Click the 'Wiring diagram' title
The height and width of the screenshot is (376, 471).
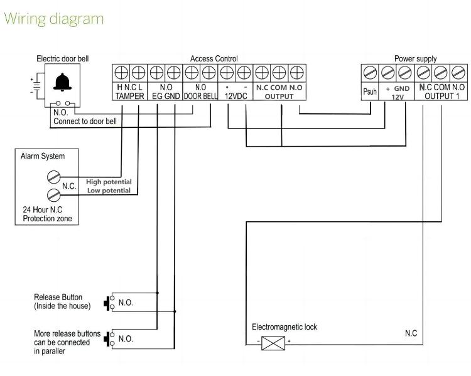tap(53, 19)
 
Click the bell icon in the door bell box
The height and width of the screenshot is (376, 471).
tap(62, 82)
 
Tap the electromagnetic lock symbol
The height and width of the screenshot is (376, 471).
tap(273, 342)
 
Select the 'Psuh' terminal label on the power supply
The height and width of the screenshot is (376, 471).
tap(370, 92)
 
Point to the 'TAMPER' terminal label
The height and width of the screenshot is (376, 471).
tap(130, 97)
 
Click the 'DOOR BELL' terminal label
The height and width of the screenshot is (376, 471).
tap(200, 97)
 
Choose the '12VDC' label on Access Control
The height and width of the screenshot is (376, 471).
tap(237, 97)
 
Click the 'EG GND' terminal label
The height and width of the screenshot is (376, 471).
tap(166, 97)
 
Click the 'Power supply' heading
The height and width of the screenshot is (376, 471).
tap(415, 58)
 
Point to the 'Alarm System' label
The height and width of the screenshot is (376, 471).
tap(43, 156)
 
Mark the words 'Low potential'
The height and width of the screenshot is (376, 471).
tap(109, 190)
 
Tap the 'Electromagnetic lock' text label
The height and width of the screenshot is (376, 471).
tap(284, 327)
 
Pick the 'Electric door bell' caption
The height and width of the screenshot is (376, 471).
tap(63, 58)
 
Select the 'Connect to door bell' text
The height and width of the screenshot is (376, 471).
tap(85, 121)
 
